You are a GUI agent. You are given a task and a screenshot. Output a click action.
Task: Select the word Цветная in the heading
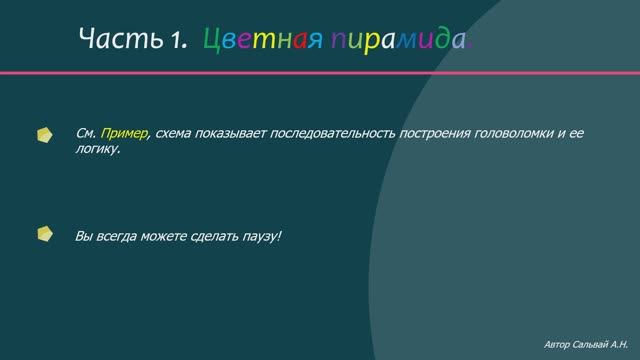[x=261, y=41]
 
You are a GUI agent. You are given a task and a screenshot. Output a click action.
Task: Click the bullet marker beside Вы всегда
[x=44, y=235]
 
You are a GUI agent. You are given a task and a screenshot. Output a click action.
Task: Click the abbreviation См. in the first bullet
[x=85, y=133]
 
